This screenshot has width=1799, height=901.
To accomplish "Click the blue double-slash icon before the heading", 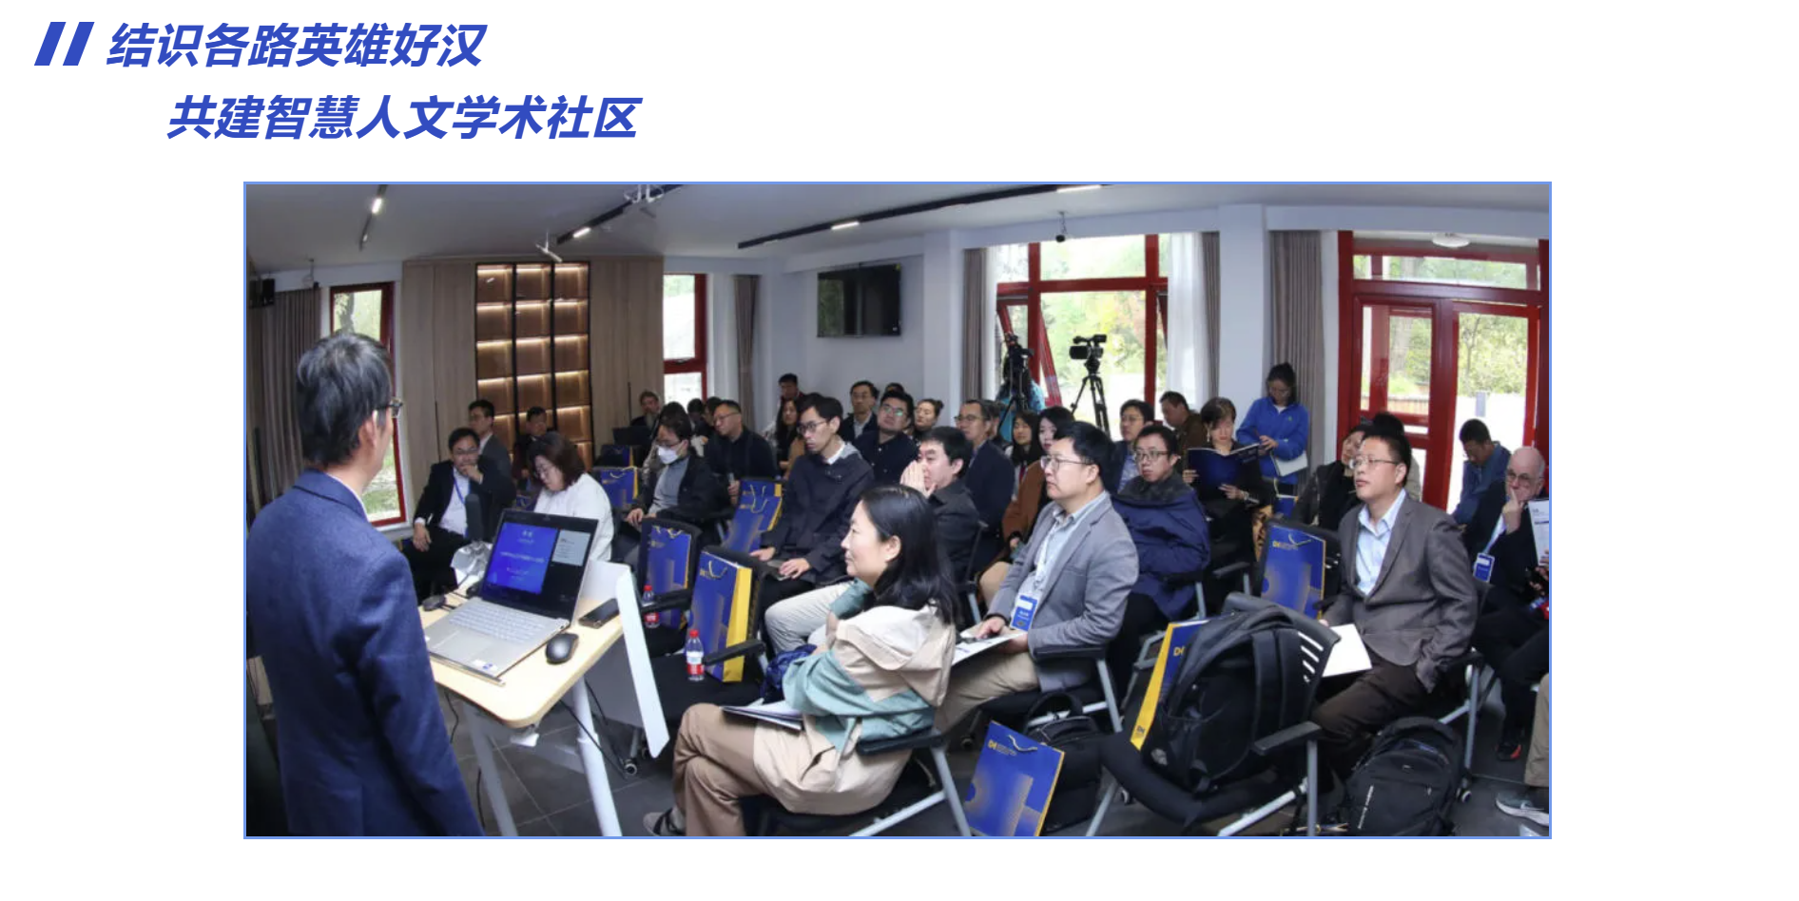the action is click(x=64, y=45).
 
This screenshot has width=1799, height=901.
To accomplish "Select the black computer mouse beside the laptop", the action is click(x=561, y=648).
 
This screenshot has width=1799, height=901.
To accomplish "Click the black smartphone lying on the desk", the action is click(x=599, y=613).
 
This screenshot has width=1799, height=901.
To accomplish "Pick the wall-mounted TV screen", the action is click(x=859, y=300).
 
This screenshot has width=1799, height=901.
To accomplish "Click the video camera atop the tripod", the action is click(x=1089, y=347).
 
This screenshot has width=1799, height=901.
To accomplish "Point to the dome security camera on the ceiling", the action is click(x=1061, y=231).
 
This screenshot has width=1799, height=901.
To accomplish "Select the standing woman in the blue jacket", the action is click(x=1275, y=423).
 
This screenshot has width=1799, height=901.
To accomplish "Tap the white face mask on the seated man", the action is click(x=670, y=454).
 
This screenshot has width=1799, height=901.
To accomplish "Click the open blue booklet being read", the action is click(x=1222, y=465).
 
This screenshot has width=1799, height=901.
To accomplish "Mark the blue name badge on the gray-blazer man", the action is click(x=1025, y=610).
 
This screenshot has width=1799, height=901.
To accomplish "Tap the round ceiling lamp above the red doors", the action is click(x=1450, y=240).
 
